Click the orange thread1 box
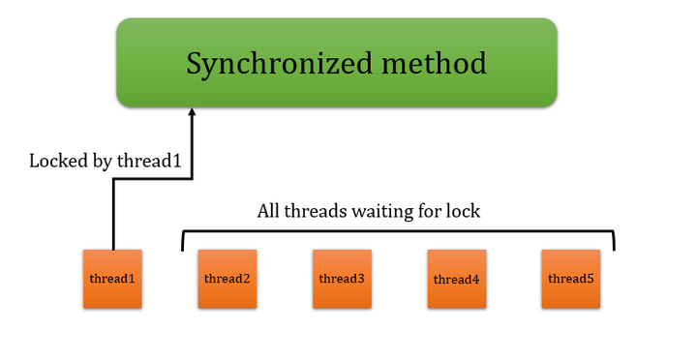[x=112, y=279]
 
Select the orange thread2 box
[x=227, y=279]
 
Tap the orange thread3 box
[x=342, y=279]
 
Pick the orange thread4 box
[x=457, y=279]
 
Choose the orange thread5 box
[x=571, y=279]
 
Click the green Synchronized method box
[x=336, y=62]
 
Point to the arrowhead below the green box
[x=192, y=113]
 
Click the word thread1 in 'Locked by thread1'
[x=149, y=161]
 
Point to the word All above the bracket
[x=268, y=210]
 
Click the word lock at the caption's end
[x=462, y=210]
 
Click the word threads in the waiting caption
[x=314, y=210]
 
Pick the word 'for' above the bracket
[x=428, y=210]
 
